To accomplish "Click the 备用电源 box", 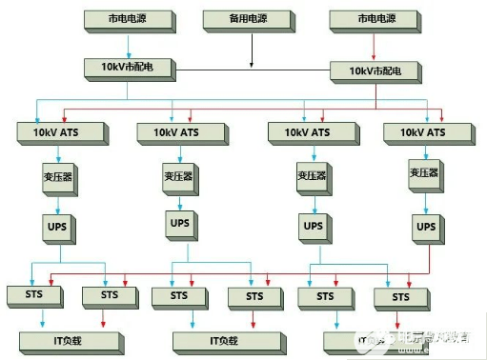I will (251, 19).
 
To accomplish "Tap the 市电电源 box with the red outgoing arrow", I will (374, 19).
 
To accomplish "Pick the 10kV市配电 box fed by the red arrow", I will (374, 70).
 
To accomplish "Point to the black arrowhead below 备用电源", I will (252, 65).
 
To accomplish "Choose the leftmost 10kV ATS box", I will (55, 130).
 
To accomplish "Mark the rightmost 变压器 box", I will (423, 174).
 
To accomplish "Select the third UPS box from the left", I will (311, 227).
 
